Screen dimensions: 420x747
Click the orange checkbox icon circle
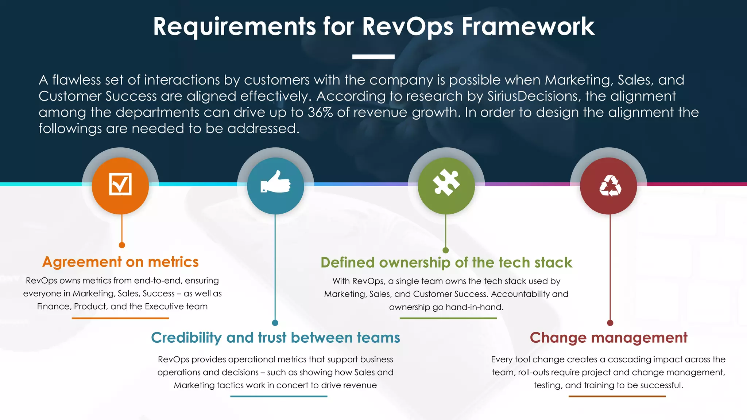pyautogui.click(x=120, y=186)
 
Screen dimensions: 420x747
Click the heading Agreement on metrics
pyautogui.click(x=120, y=262)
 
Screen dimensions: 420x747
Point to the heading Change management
pyautogui.click(x=608, y=338)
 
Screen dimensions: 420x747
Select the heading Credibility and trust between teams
pyautogui.click(x=275, y=338)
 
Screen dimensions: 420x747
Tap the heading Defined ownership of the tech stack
pyautogui.click(x=446, y=262)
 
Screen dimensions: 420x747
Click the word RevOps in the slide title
pyautogui.click(x=407, y=27)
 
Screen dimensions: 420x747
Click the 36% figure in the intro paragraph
pyautogui.click(x=320, y=112)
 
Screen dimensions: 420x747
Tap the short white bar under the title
pyautogui.click(x=373, y=57)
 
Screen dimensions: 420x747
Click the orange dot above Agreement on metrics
pyautogui.click(x=122, y=245)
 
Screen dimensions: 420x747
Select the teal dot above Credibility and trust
pyautogui.click(x=275, y=323)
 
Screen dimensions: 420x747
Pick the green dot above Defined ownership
pyautogui.click(x=445, y=250)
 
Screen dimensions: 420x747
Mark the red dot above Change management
pyautogui.click(x=610, y=323)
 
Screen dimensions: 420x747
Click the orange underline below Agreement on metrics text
pyautogui.click(x=120, y=318)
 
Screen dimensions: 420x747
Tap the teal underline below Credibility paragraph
pyautogui.click(x=279, y=396)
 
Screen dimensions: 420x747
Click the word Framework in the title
pyautogui.click(x=528, y=27)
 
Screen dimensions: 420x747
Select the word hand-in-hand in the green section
pyautogui.click(x=474, y=307)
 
